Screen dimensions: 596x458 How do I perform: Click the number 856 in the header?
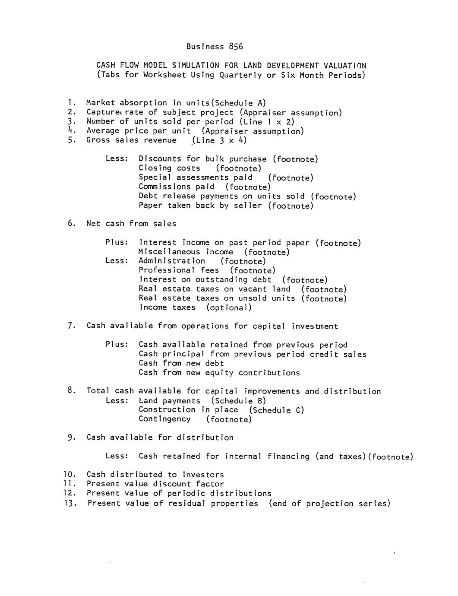coord(236,46)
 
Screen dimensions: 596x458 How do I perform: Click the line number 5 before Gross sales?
coord(71,140)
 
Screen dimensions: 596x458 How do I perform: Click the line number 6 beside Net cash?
coord(71,224)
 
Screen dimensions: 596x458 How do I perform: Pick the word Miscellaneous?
coord(169,252)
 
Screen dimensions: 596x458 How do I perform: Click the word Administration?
coord(172,261)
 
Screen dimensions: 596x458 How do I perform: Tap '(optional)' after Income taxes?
coord(229,308)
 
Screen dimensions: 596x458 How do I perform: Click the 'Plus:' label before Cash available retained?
coord(117,345)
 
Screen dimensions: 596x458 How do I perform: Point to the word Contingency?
coord(164,419)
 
